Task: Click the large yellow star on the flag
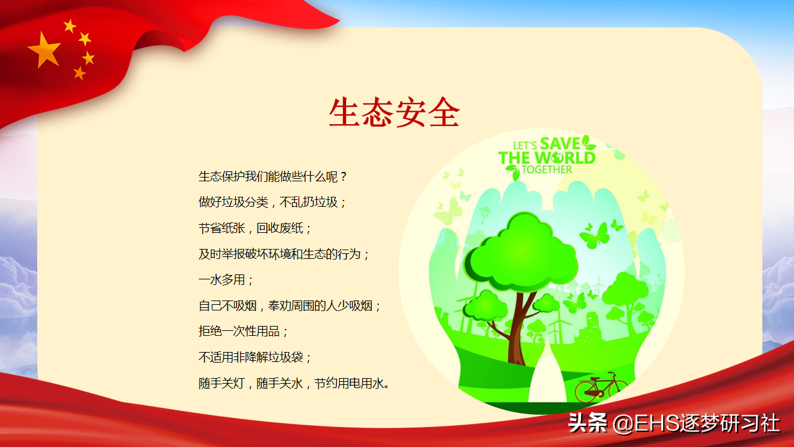tap(44, 50)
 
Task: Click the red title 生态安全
tap(394, 112)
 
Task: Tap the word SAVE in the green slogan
tap(560, 143)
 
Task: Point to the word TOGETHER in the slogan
tap(547, 169)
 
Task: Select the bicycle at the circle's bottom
tap(601, 387)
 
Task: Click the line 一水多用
tap(226, 280)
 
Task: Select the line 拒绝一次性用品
tap(243, 332)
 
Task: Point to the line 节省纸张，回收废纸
tap(255, 228)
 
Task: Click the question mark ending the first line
tap(343, 177)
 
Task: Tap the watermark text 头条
tap(587, 423)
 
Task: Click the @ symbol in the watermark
tap(623, 423)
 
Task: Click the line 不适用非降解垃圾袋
tap(255, 357)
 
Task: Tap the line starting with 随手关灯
tap(294, 383)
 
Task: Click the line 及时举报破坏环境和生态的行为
tap(283, 254)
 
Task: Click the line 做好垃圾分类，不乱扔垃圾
tap(272, 202)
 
